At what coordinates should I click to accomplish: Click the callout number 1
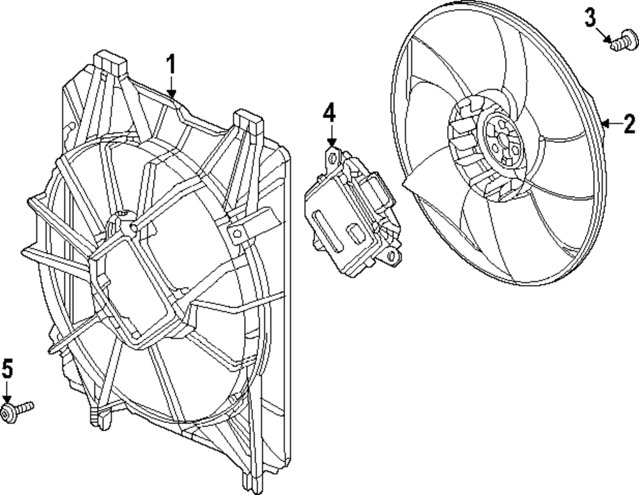[x=171, y=65]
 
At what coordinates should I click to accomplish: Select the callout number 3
[x=590, y=18]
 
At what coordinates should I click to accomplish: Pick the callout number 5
[x=8, y=369]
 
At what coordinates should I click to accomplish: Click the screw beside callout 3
[x=625, y=41]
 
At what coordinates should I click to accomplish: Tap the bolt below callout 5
[x=17, y=411]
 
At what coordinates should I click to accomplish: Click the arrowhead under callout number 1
[x=171, y=94]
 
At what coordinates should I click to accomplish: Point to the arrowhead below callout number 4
[x=332, y=142]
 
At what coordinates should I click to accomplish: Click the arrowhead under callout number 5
[x=7, y=399]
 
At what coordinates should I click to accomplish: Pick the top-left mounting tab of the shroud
[x=110, y=64]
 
